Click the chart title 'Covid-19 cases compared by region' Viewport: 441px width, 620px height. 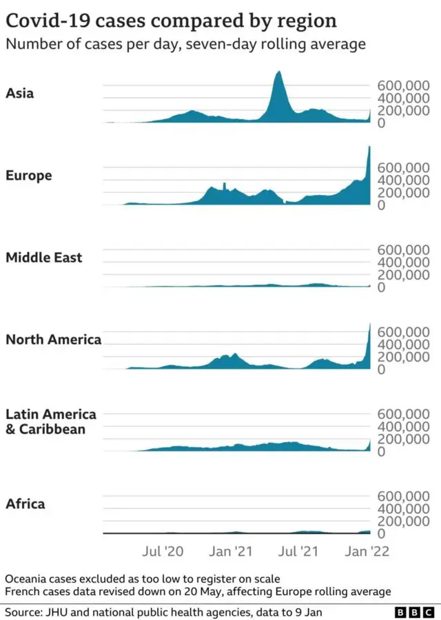[x=171, y=21]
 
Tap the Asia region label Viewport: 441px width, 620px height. [x=19, y=93]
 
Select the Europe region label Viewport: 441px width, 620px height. [x=29, y=176]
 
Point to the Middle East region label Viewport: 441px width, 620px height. [x=44, y=258]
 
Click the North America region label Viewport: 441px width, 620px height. [x=53, y=339]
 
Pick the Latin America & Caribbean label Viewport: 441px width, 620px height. [x=51, y=422]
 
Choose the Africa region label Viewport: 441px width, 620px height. [x=25, y=504]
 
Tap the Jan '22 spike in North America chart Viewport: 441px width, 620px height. [x=369, y=331]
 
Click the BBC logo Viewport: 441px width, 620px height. [x=412, y=612]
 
